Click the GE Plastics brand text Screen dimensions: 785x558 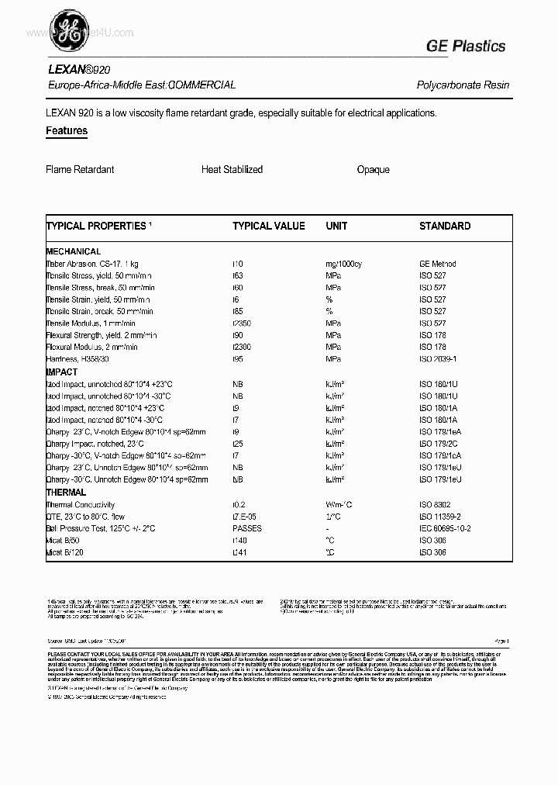coord(465,47)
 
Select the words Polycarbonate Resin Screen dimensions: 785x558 coord(463,85)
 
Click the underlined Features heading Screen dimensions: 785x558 coord(67,131)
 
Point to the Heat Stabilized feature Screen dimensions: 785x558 coord(232,169)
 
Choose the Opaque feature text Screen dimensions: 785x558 coord(373,169)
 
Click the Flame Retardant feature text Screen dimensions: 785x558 coord(80,169)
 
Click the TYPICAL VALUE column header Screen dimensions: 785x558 coord(269,226)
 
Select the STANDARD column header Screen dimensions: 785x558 coord(445,226)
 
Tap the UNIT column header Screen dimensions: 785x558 coord(336,226)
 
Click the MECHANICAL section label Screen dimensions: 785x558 coord(74,251)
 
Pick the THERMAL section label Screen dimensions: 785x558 coord(66,493)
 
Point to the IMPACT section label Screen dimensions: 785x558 coord(62,372)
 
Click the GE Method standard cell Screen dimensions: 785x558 coord(438,264)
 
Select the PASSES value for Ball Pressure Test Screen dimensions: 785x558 coord(247,528)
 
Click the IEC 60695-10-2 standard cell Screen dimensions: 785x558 coord(445,528)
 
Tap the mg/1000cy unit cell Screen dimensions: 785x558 coord(343,264)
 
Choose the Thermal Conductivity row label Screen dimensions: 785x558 coord(81,505)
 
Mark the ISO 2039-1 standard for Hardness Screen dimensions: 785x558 coord(438,360)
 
